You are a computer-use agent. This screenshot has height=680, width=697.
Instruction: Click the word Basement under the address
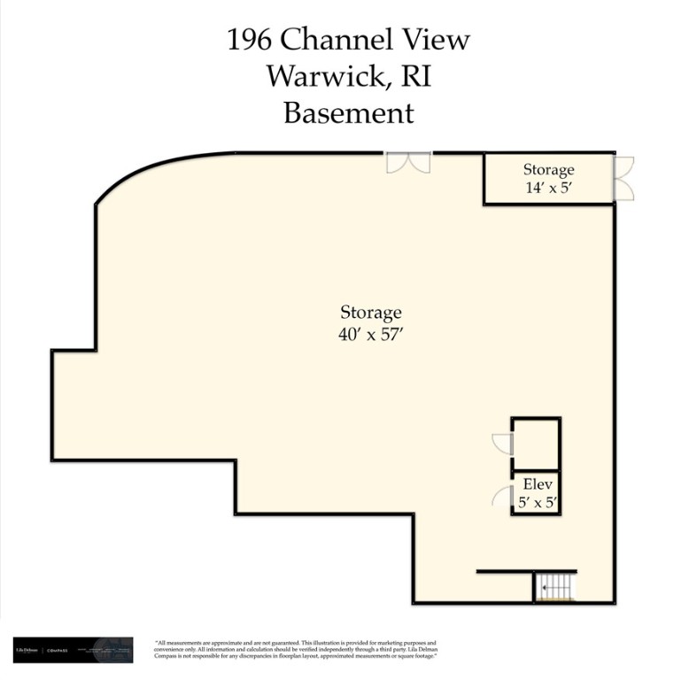coord(348,113)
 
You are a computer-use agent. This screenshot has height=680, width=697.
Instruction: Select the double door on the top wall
coord(407,162)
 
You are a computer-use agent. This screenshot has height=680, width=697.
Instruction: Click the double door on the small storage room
coord(623,178)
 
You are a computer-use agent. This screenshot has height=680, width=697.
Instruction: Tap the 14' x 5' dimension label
coord(548,188)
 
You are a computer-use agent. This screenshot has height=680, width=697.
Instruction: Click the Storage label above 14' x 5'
coord(548,169)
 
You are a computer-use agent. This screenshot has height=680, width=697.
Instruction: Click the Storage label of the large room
coord(371,313)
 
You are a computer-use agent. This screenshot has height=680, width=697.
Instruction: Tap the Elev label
coord(538,484)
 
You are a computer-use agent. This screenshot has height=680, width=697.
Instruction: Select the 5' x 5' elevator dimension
coord(538,502)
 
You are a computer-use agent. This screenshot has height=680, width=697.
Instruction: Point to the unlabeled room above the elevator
coord(536,443)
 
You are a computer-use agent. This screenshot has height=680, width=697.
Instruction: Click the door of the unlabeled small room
coord(503,443)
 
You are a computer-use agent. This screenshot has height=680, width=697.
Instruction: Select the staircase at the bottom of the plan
coord(555,586)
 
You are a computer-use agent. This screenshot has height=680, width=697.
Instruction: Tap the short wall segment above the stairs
coord(526,571)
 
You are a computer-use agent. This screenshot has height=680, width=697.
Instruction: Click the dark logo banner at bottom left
coord(73,650)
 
